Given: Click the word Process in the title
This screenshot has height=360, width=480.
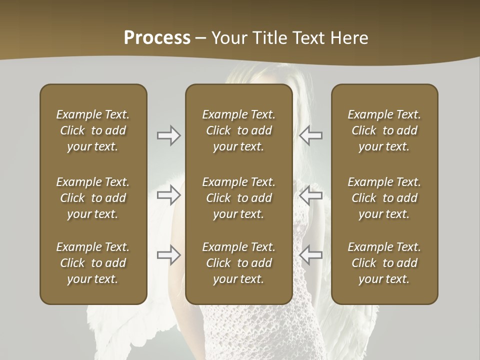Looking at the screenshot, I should [x=157, y=37].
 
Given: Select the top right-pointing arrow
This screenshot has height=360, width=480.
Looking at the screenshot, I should [x=168, y=135].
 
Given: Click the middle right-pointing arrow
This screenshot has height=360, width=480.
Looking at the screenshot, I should [x=168, y=195].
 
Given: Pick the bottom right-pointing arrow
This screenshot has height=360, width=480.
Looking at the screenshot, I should [x=168, y=255].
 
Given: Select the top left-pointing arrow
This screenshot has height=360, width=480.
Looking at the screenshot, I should [x=310, y=135].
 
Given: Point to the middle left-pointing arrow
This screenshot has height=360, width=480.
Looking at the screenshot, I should [x=310, y=195].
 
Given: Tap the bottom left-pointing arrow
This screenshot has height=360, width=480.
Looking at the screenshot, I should [x=310, y=255].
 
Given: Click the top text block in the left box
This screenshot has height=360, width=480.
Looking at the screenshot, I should [x=93, y=130].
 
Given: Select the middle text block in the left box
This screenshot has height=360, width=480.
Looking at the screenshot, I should [x=93, y=198].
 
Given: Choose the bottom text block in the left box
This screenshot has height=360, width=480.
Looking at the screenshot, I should [x=93, y=263].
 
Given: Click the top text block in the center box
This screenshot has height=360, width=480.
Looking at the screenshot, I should [x=238, y=130].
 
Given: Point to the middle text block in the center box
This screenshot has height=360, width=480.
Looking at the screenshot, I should [x=238, y=198].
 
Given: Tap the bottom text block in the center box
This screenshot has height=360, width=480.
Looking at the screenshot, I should [x=238, y=263].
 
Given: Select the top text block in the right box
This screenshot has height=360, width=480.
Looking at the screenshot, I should [x=384, y=130].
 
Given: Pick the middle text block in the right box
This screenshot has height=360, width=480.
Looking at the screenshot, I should [x=384, y=198].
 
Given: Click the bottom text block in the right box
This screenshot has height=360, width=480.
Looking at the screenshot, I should [x=384, y=263].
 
